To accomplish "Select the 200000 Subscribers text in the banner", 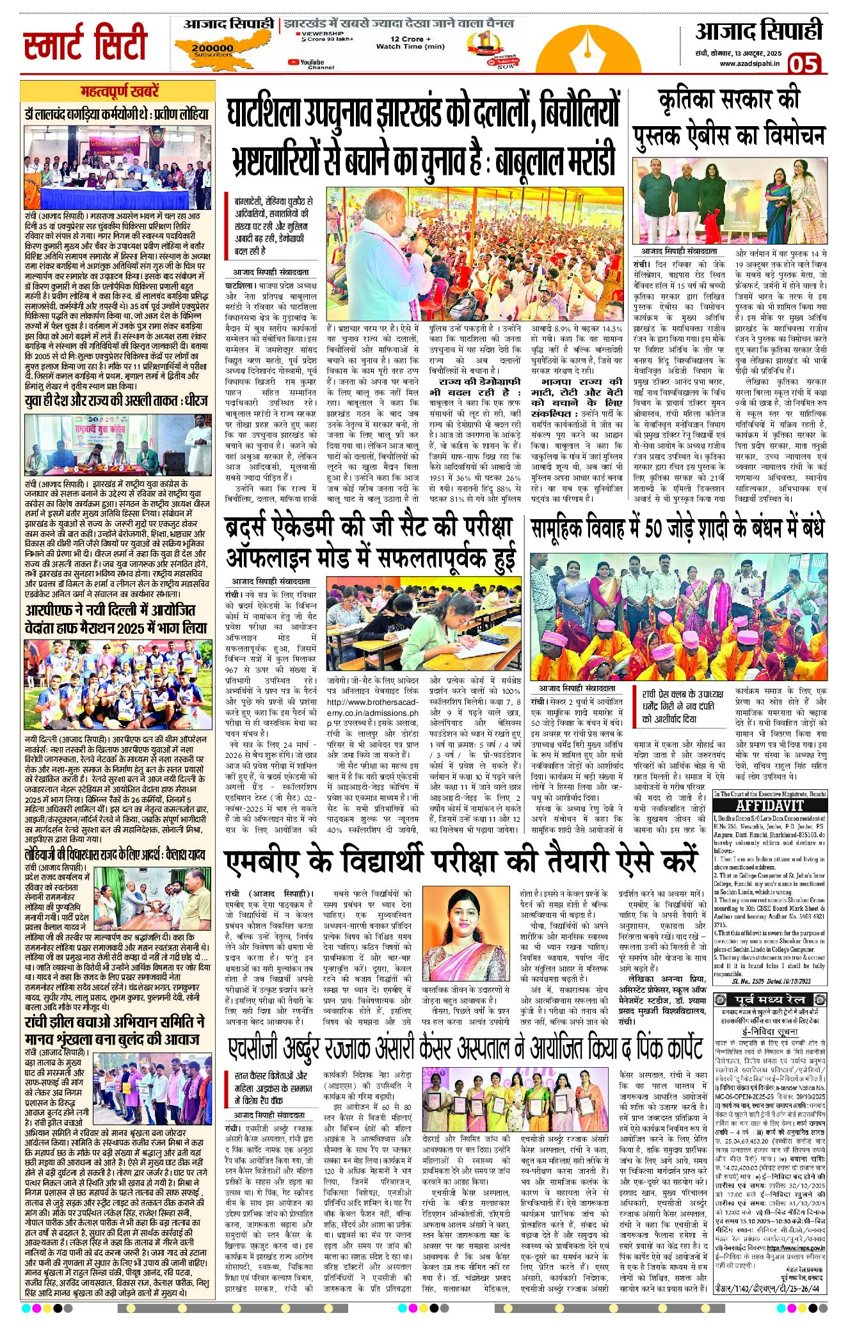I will point(212,51).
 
